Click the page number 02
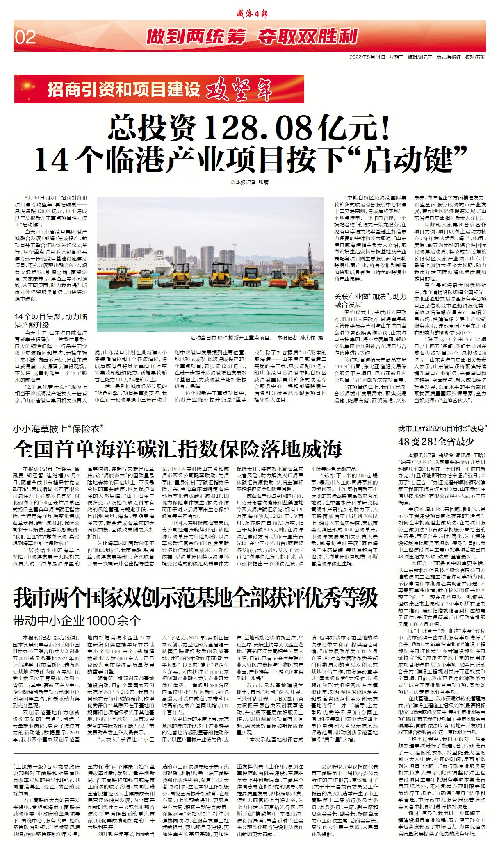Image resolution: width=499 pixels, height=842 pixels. point(25,37)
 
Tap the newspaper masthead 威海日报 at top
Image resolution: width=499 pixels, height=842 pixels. point(252,14)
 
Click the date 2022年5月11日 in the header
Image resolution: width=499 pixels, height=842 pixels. point(367,57)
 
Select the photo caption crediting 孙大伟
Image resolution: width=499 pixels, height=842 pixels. point(257,338)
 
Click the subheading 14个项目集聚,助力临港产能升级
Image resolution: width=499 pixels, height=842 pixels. point(50,321)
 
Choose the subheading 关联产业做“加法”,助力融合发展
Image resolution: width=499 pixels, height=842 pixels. point(370,300)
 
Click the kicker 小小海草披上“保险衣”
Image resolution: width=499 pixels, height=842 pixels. point(57,429)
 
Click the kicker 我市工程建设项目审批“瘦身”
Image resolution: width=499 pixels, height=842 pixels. point(442,428)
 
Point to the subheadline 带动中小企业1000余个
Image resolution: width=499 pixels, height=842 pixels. point(77,621)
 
